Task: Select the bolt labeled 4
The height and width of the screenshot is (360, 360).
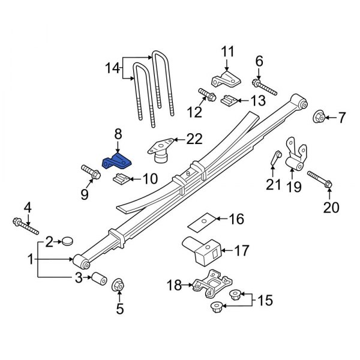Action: tap(24, 227)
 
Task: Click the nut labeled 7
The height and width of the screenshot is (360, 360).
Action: tap(319, 117)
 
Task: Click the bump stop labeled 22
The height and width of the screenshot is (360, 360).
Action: tap(160, 151)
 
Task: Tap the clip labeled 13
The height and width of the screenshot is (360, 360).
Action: tap(229, 100)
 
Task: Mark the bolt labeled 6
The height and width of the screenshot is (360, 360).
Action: tap(265, 86)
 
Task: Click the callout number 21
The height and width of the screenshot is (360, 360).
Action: tap(274, 185)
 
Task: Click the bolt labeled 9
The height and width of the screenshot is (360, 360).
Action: tap(91, 172)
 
